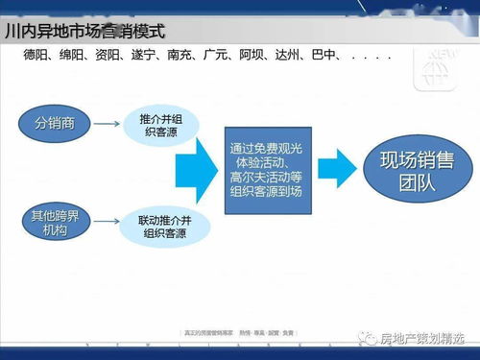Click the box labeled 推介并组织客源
157,124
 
